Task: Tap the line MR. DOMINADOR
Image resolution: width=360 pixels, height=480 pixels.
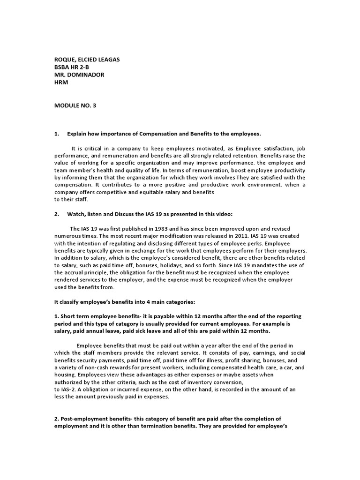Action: tap(79, 74)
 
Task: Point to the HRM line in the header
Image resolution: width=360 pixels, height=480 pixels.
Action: tap(61, 82)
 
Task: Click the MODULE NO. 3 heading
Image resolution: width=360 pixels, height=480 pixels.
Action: tap(75, 106)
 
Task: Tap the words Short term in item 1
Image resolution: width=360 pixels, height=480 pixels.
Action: tap(75, 316)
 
